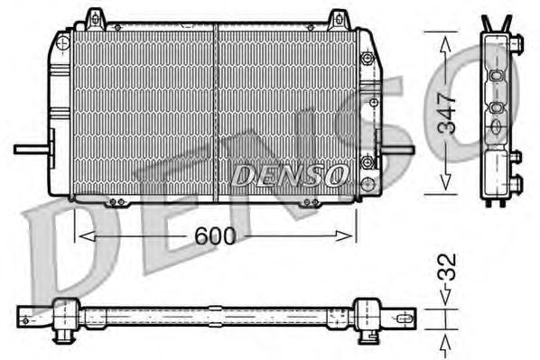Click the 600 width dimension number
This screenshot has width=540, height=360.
point(215,236)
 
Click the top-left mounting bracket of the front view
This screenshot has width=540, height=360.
point(94,18)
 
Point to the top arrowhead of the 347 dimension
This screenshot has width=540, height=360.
point(443,37)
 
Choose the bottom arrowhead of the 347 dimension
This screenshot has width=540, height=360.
point(443,187)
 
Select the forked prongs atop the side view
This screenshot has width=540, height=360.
point(495,23)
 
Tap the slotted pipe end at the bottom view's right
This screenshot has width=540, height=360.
point(402,316)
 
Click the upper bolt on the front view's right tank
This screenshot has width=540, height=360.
point(368,58)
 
